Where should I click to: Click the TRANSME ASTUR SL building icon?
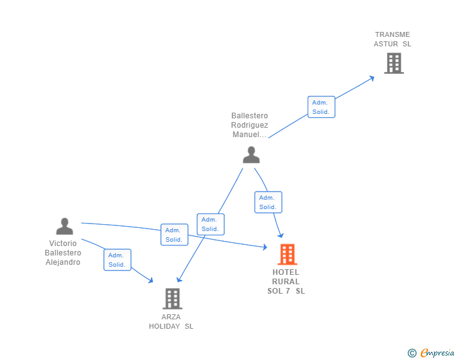pos(394,63)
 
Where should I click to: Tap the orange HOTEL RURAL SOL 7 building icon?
pos(288,254)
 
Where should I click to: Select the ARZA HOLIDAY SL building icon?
pos(172,299)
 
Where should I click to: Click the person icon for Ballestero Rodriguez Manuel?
pos(251,155)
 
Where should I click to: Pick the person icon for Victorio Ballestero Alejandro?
pos(65,226)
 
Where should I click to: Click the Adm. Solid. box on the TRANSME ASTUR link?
pos(321,107)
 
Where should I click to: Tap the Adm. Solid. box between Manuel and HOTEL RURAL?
pos(268,202)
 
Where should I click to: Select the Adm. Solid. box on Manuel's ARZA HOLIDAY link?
pos(210,224)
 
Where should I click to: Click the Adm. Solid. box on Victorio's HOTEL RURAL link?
pos(175,235)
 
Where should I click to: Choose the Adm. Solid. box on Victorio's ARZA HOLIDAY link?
pos(118,260)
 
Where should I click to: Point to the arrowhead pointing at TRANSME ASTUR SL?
pos(371,78)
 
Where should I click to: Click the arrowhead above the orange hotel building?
pos(281,235)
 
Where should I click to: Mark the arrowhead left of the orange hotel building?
pos(264,247)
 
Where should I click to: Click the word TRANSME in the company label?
pos(392,34)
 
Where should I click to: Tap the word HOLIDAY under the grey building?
pos(164,326)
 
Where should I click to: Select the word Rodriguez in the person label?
pos(249,125)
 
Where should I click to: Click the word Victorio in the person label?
pos(63,244)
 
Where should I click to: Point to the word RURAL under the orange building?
pos(286,282)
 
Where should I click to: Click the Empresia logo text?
pos(437,353)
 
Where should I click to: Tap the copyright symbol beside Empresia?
pos(412,353)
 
